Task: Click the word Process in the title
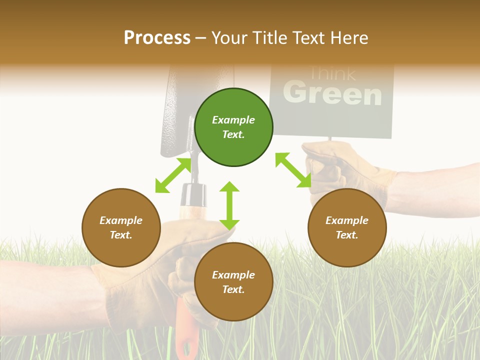click(x=157, y=38)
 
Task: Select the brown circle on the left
click(x=121, y=227)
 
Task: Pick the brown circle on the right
click(x=347, y=227)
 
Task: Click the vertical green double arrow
click(x=229, y=205)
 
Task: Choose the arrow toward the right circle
click(x=293, y=170)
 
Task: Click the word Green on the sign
click(x=332, y=93)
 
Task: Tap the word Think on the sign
click(x=332, y=74)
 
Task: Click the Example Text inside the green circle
click(x=233, y=127)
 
